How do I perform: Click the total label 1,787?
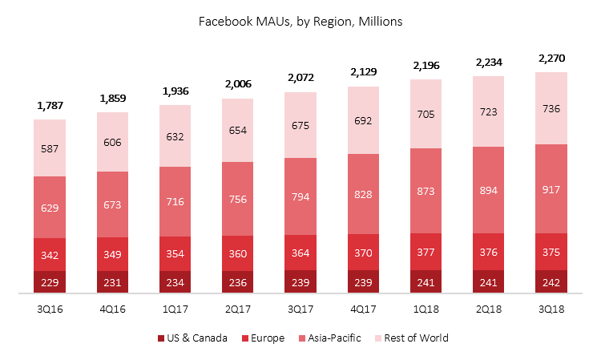tap(50, 105)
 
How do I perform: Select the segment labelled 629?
tap(50, 208)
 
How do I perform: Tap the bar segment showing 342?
tap(50, 255)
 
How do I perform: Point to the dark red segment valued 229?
tap(50, 282)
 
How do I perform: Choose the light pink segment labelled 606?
tap(112, 141)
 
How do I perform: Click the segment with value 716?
tap(175, 201)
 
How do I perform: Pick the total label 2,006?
tap(238, 83)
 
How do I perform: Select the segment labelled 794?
tap(300, 196)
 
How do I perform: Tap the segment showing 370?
tap(363, 252)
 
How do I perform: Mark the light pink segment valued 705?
tap(426, 114)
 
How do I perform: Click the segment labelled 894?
tap(488, 190)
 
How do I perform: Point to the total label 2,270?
tap(551, 59)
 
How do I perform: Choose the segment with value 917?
tap(551, 189)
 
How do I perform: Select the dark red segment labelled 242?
tap(551, 282)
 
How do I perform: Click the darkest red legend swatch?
tap(161, 338)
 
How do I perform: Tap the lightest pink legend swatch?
tap(378, 338)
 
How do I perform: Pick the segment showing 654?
tap(238, 130)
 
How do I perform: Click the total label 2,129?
tap(363, 72)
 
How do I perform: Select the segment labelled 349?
tap(112, 254)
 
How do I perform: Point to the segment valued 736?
tap(551, 108)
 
